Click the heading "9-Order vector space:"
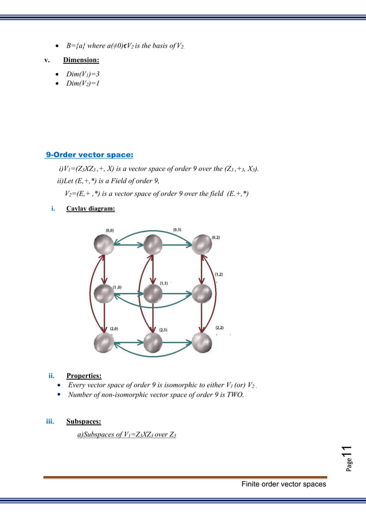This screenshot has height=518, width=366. coord(89,154)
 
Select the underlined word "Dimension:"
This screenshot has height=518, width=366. coord(81,60)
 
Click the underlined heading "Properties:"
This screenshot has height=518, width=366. coord(84,376)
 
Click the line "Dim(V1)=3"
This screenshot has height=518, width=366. coord(85,74)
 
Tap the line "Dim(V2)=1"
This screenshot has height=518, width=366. coord(85,84)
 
